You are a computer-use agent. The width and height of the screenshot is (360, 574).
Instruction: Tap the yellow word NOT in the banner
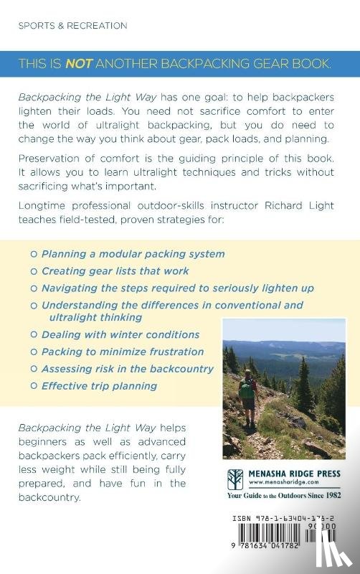click(77, 63)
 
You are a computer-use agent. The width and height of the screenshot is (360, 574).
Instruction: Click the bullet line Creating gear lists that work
click(115, 270)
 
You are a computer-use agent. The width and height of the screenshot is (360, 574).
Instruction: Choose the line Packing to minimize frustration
click(123, 352)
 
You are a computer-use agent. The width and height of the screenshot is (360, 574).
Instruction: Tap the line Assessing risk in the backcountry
click(128, 368)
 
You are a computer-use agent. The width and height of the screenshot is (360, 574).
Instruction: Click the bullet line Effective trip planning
click(99, 385)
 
